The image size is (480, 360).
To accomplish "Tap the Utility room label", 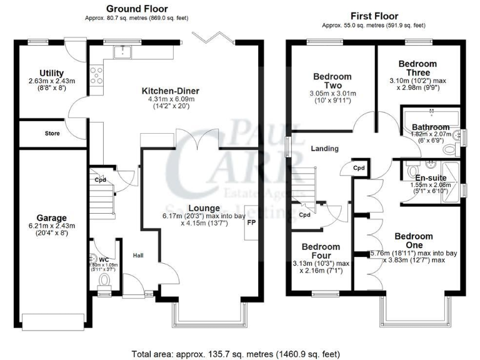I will [51, 73].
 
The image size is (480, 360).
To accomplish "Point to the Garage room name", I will [51, 218].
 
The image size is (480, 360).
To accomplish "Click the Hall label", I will [138, 255].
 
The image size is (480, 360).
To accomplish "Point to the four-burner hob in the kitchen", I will [97, 76].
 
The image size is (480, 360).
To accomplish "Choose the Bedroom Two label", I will [332, 81].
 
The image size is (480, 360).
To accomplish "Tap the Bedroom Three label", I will [417, 68].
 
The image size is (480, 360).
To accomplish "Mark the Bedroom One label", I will [413, 241].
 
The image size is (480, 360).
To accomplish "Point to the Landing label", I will [324, 149].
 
